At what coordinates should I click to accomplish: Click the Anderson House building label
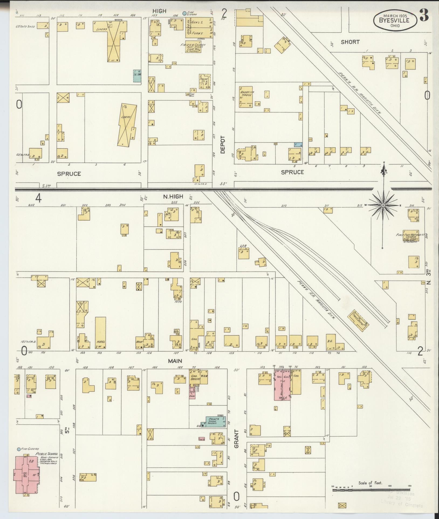246,93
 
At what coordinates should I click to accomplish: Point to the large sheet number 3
424,17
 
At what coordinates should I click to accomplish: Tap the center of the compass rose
383,205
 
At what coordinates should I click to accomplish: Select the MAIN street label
175,361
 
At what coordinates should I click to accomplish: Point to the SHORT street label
350,42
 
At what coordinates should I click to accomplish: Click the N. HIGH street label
173,197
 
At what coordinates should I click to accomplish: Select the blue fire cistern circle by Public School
19,450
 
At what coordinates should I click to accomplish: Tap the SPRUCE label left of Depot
69,174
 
